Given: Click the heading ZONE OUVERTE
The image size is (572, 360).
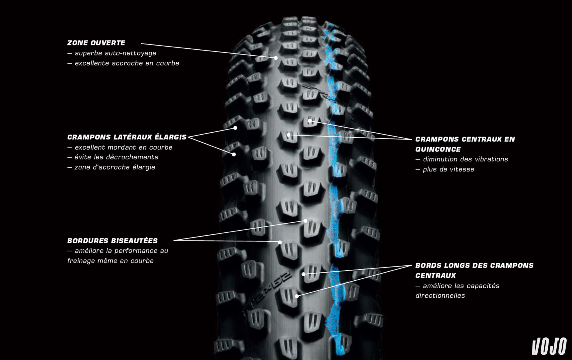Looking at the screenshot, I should coord(96,43).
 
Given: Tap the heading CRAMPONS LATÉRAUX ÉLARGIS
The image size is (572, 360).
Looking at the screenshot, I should coord(127,137).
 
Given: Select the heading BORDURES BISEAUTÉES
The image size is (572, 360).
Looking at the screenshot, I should coord(112,241).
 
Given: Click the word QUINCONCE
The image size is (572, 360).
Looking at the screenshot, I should coord(438,149).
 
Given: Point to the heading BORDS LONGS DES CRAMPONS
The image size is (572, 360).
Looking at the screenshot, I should coord(474,265).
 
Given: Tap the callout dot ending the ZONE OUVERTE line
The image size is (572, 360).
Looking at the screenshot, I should coord(276,58).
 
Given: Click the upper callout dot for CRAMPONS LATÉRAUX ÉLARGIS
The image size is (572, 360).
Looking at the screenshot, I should coord(235,128).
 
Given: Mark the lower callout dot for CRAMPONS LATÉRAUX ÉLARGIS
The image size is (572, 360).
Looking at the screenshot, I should coord(234,154).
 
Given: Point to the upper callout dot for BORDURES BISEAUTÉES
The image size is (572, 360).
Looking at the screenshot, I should coord(305,221).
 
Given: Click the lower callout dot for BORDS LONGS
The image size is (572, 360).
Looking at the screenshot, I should coord(297,296).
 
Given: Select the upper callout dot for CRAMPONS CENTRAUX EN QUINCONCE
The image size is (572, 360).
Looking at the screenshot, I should coord(310,121).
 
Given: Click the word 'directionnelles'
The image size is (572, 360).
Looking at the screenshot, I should coord(440,295).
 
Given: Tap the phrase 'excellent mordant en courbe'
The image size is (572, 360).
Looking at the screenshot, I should coord(123,147).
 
